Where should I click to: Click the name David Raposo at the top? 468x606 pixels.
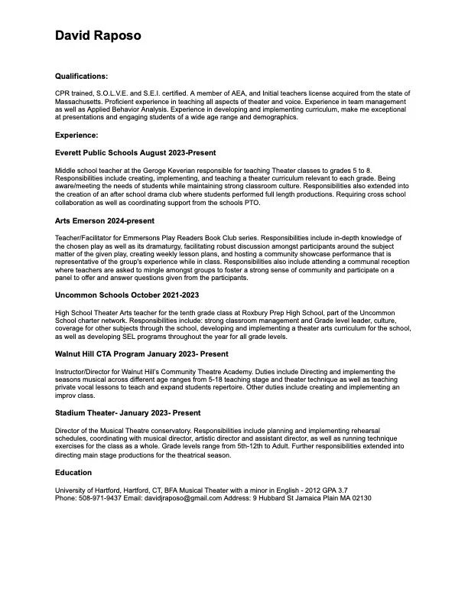[x=98, y=35]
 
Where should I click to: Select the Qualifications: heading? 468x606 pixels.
[x=82, y=77]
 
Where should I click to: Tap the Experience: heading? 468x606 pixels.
[x=76, y=135]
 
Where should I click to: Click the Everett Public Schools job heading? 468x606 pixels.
[x=131, y=153]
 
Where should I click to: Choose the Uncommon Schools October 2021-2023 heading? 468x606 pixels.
[x=126, y=295]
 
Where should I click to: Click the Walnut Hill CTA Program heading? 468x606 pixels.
[x=141, y=354]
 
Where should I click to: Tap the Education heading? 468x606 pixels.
[x=73, y=472]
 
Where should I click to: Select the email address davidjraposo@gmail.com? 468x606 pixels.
[x=189, y=498]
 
